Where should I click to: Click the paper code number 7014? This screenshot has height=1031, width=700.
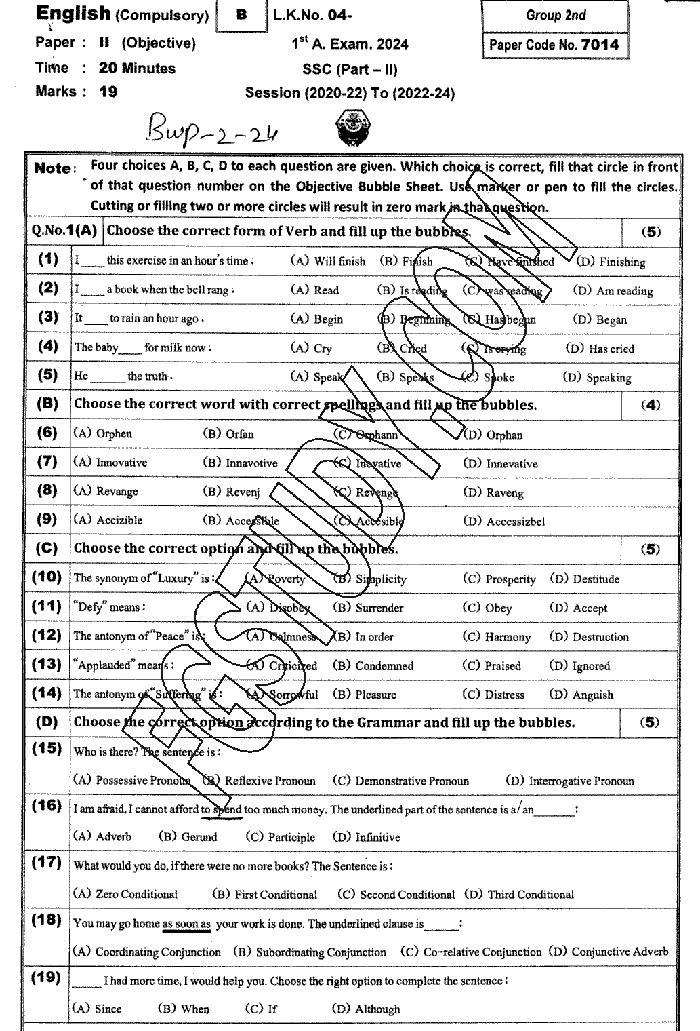coord(600,45)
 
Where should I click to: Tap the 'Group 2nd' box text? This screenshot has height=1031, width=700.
coord(556,16)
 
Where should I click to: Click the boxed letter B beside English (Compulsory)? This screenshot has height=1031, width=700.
coord(241,16)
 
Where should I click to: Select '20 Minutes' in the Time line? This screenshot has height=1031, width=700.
coord(136,69)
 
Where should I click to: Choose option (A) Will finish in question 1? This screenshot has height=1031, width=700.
coord(327,261)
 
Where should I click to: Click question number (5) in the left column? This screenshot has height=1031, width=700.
coord(47,375)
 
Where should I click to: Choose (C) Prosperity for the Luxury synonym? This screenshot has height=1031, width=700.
coord(499,579)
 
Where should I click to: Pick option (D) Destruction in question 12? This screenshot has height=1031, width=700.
coord(589,637)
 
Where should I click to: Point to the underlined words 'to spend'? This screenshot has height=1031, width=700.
coord(222,810)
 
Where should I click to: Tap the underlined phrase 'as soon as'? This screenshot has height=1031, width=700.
coord(186,924)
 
